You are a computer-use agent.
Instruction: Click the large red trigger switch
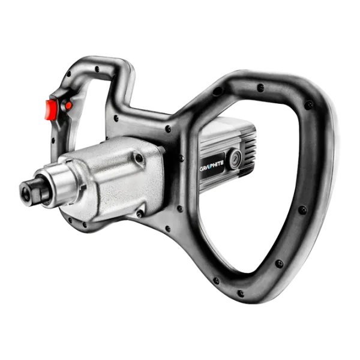tap(51, 110)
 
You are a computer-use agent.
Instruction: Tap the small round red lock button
tap(68, 106)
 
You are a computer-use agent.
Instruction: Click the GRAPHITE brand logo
tap(211, 163)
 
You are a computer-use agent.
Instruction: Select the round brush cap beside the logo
tap(235, 158)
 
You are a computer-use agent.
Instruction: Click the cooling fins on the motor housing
tap(248, 147)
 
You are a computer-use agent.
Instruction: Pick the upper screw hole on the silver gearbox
tap(139, 158)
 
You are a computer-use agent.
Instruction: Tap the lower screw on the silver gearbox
tap(140, 214)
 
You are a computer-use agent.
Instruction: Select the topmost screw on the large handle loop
tap(260, 88)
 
